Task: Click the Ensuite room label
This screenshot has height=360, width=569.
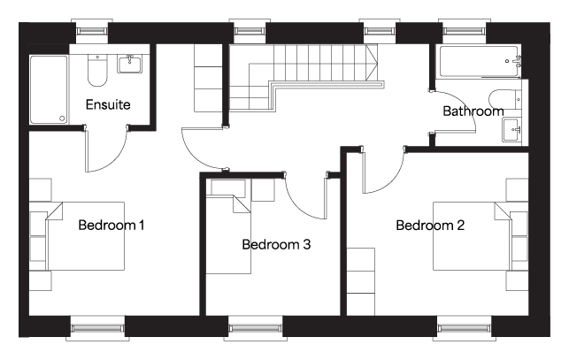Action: pyautogui.click(x=108, y=104)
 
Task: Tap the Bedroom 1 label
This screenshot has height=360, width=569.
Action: pyautogui.click(x=111, y=225)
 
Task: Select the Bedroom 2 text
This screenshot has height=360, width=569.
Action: pyautogui.click(x=430, y=226)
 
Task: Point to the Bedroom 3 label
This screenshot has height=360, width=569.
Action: pyautogui.click(x=276, y=245)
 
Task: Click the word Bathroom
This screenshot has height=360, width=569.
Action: pyautogui.click(x=473, y=111)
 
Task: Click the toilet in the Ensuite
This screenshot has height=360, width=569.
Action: pyautogui.click(x=97, y=71)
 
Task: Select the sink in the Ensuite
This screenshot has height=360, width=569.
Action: pyautogui.click(x=129, y=64)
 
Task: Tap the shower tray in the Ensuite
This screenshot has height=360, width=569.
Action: pyautogui.click(x=49, y=89)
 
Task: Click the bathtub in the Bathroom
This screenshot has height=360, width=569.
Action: pyautogui.click(x=479, y=61)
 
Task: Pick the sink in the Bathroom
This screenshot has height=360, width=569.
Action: pyautogui.click(x=512, y=130)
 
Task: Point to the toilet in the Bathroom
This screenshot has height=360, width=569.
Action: pyautogui.click(x=505, y=99)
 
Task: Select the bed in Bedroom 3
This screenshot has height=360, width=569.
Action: pyautogui.click(x=228, y=234)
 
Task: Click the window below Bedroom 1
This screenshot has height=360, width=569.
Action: pyautogui.click(x=97, y=328)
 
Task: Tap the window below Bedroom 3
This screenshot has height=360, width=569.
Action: pyautogui.click(x=256, y=328)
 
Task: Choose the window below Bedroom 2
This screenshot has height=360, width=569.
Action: pyautogui.click(x=465, y=328)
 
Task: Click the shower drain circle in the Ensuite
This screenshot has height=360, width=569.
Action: pyautogui.click(x=62, y=119)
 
